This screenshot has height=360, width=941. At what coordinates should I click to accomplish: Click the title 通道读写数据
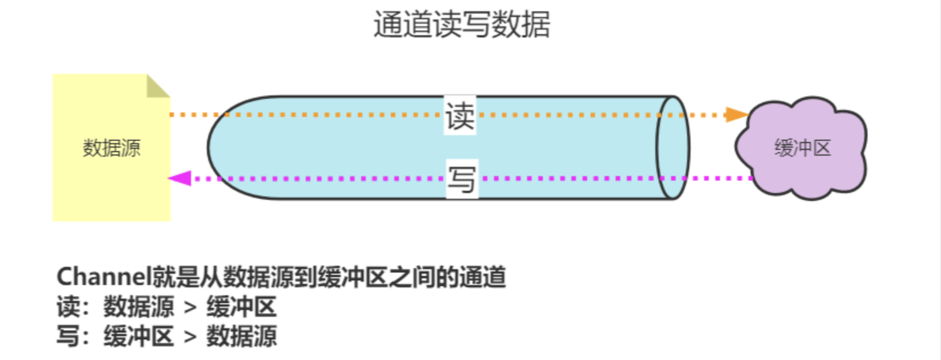pos(461,25)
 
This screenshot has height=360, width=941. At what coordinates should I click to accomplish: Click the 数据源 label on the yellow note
pos(111,148)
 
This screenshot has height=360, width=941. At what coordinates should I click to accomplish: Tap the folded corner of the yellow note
pos(157,86)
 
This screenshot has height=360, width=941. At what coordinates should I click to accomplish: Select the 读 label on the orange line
pos(460,116)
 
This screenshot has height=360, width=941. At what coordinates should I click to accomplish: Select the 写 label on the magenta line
pos(461,179)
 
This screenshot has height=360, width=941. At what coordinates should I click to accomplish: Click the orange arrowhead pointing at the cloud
pos(737,115)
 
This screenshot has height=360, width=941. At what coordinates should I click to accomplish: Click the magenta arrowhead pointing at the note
pos(180,178)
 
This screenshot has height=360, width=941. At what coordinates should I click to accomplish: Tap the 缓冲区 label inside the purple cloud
pos(803,148)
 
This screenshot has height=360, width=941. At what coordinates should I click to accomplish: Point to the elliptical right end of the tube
pos(673,148)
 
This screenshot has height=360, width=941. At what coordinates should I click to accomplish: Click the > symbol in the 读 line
pos(190,307)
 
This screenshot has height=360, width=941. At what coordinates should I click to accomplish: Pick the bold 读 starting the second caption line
pos(68,307)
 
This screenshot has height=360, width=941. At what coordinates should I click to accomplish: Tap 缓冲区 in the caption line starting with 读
pos(241,307)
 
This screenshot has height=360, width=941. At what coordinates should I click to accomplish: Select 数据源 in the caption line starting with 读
pos(138,307)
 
